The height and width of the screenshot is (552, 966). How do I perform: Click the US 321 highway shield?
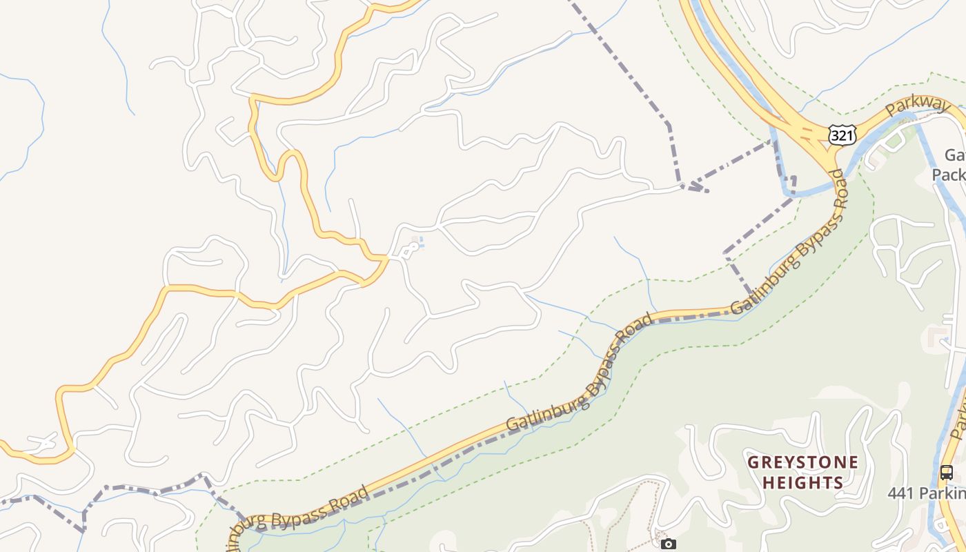click(842, 135)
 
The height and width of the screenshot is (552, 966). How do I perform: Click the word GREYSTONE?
click(803, 462)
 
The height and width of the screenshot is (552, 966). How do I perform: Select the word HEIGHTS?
click(803, 482)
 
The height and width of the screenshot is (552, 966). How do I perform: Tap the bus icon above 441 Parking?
click(947, 473)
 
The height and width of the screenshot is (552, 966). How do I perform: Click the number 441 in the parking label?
click(901, 493)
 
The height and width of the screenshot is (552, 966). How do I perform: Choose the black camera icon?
click(668, 544)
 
